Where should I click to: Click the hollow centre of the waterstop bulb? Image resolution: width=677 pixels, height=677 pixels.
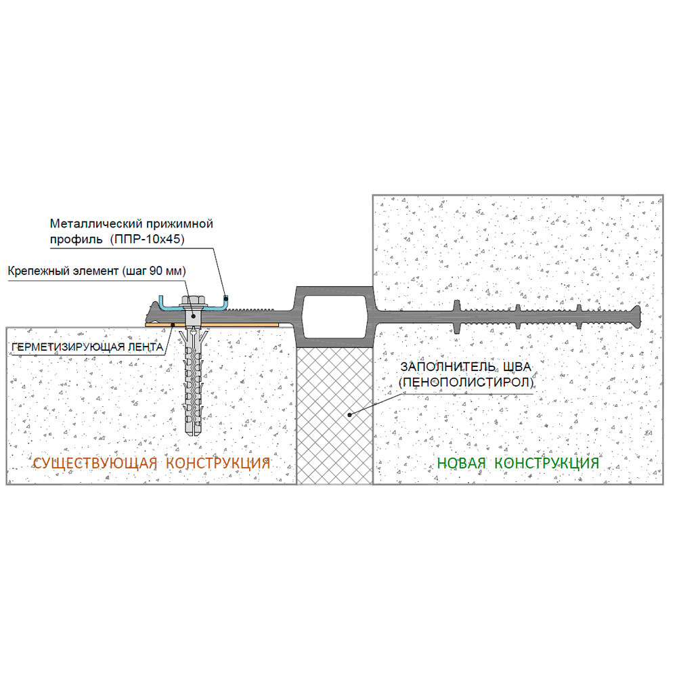[335, 317]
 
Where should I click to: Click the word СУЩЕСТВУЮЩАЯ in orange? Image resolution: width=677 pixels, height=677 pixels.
[95, 463]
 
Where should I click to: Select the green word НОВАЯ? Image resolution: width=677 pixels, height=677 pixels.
[461, 463]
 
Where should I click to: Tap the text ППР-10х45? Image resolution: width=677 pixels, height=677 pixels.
[147, 239]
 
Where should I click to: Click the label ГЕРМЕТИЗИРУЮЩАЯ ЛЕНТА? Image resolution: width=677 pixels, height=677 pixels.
[87, 347]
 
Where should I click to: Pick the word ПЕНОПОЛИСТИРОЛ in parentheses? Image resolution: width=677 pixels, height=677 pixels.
[466, 383]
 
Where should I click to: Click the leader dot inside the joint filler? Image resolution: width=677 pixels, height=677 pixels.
[350, 415]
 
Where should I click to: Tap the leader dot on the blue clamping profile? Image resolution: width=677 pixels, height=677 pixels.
[225, 298]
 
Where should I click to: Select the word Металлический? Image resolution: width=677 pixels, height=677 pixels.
[95, 224]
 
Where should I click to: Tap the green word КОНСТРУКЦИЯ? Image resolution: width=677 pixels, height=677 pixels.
[546, 463]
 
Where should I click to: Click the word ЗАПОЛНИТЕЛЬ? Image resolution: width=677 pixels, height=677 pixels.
[448, 367]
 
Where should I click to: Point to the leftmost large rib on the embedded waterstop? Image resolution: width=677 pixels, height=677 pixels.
[457, 316]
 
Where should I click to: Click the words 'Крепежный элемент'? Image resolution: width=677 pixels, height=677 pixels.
[63, 271]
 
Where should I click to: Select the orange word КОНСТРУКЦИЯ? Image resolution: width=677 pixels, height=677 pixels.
[218, 463]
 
